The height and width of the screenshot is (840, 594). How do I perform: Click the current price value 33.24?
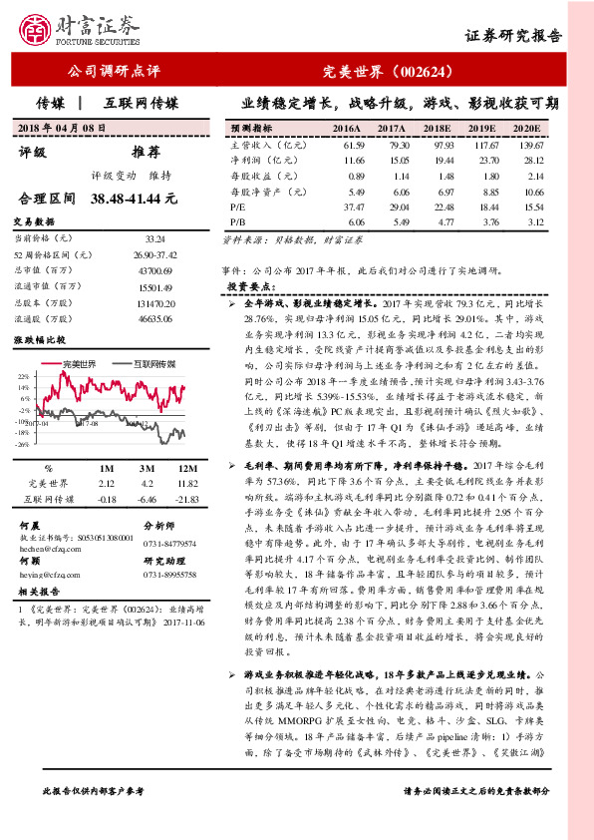pyautogui.click(x=154, y=238)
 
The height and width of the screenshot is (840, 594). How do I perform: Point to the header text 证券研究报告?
pyautogui.click(x=513, y=36)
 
